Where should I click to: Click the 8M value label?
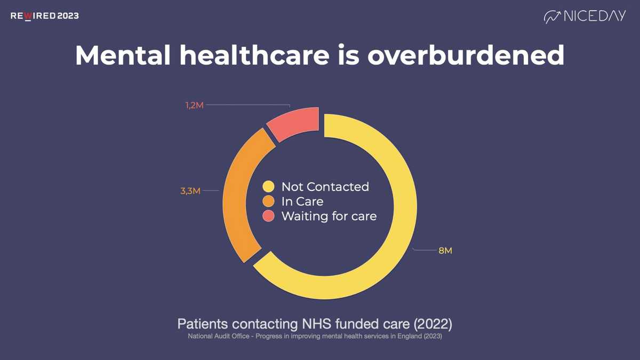[x=445, y=251]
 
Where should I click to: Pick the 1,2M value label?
[x=195, y=106]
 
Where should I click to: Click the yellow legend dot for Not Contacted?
[x=268, y=187]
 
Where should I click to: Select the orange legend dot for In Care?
[x=268, y=202]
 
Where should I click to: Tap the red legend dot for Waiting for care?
[x=268, y=216]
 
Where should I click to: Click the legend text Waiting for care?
[x=329, y=216]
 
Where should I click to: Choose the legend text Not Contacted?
[x=325, y=187]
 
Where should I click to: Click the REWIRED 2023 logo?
[x=45, y=16]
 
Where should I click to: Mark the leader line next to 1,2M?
[x=248, y=105]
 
